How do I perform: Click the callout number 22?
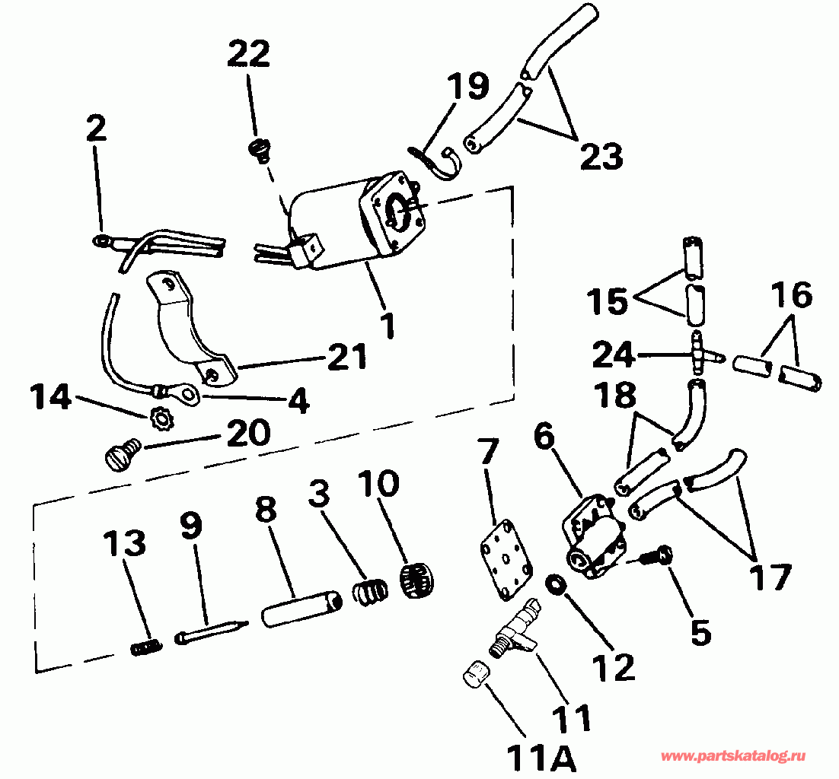[248, 54]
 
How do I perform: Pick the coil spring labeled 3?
[368, 591]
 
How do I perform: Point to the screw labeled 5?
[654, 557]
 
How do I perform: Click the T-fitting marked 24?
[698, 354]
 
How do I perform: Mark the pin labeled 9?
[212, 631]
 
